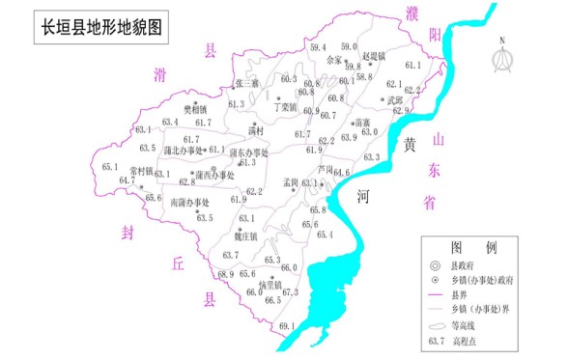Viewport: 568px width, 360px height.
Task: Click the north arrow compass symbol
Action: pyautogui.click(x=503, y=56)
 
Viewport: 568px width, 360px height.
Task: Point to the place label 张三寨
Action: pyautogui.click(x=247, y=84)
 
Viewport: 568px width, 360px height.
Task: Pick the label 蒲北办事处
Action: pyautogui.click(x=184, y=151)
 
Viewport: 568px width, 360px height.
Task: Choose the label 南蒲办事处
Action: pyautogui.click(x=189, y=203)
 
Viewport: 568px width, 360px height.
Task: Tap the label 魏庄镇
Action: pyautogui.click(x=245, y=235)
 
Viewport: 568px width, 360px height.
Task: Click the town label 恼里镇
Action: pyautogui.click(x=270, y=285)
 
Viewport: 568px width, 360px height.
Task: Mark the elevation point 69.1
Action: pyautogui.click(x=286, y=328)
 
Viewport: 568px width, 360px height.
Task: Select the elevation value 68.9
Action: pyautogui.click(x=225, y=275)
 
